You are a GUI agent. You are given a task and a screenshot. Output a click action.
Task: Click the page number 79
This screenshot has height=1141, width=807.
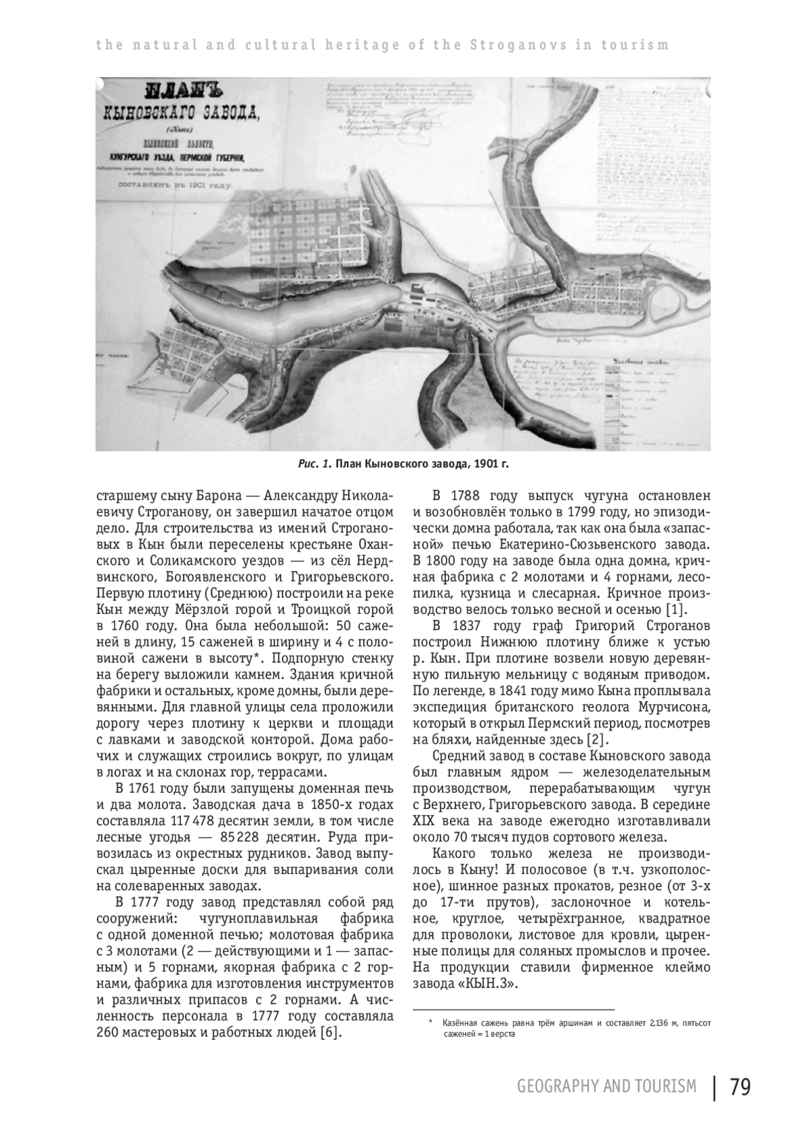[x=740, y=1087]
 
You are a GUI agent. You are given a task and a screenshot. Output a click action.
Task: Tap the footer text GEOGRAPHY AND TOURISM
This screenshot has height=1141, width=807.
[x=607, y=1087]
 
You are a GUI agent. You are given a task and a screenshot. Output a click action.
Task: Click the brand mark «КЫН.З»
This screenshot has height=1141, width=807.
[x=490, y=984]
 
